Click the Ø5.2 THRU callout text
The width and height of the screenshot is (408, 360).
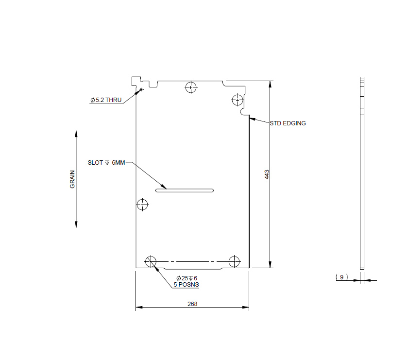pos(106,100)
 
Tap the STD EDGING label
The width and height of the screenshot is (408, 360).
pos(288,123)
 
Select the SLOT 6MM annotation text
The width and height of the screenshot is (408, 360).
pos(106,163)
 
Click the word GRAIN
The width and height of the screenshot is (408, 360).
pos(72,179)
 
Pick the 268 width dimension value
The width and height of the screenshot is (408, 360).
pos(192,304)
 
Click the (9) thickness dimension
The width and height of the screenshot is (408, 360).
pos(341,277)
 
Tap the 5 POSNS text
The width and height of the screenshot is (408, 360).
pos(186,285)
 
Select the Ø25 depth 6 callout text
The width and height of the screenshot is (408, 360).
pos(187,278)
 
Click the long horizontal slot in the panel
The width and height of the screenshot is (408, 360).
pos(185,190)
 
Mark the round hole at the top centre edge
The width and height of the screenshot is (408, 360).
pos(191,87)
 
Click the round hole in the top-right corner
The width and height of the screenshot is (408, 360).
pos(237,100)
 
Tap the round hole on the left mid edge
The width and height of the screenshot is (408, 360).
pos(142,205)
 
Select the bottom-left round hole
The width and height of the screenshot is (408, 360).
pos(151,261)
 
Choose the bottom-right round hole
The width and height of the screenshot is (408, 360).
pos(234,261)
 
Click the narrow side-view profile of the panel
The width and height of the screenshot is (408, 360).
pos(361,173)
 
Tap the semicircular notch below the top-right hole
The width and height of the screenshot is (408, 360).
pos(244,112)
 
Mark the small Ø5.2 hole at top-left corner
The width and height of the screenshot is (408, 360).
pos(140,89)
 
